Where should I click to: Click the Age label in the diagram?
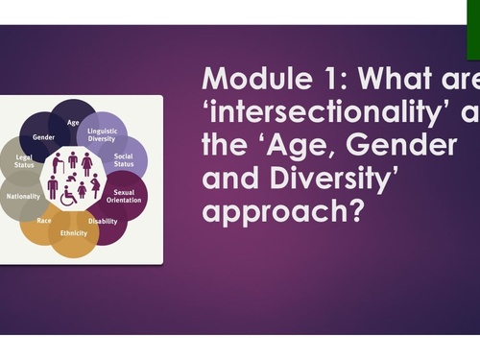coord(74,123)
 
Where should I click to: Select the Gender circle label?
coord(43,137)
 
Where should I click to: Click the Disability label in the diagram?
coord(103,221)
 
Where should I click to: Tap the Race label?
coord(43,220)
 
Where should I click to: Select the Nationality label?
coord(23,196)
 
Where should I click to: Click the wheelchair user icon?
coord(69,196)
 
